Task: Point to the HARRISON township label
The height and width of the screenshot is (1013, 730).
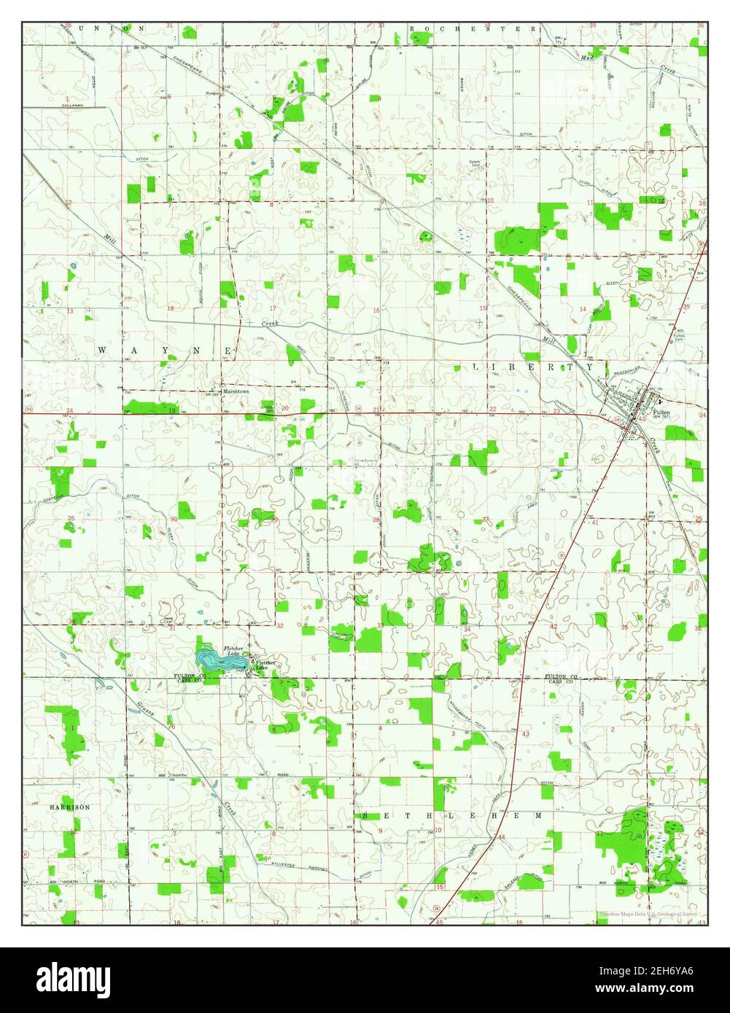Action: [x=69, y=807]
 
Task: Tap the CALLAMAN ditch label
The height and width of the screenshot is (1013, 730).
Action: [x=72, y=106]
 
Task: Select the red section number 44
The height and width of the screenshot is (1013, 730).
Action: [x=502, y=836]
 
